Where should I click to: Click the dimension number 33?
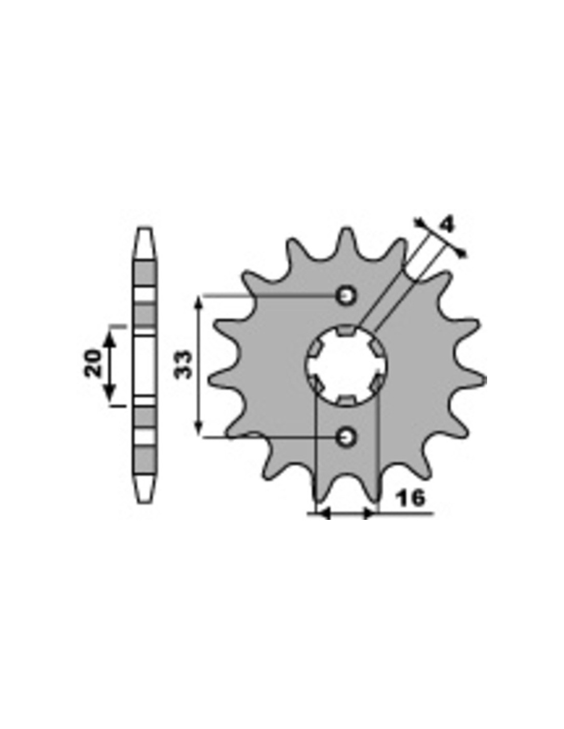click(184, 364)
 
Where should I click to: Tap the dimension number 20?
click(92, 363)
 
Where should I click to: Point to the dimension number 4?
click(447, 226)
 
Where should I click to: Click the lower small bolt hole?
click(346, 437)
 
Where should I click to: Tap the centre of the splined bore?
click(346, 366)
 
